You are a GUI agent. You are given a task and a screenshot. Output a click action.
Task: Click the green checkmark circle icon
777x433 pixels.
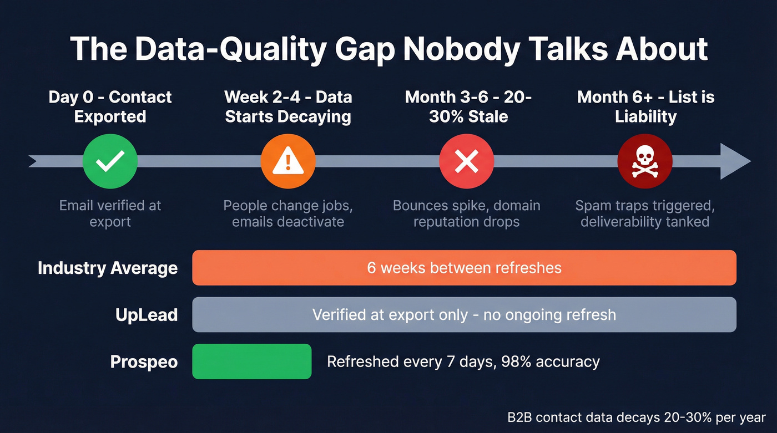click(x=110, y=161)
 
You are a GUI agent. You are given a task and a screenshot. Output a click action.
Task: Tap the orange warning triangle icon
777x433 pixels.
click(x=288, y=161)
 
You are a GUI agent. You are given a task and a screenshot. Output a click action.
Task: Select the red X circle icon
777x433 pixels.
click(x=466, y=161)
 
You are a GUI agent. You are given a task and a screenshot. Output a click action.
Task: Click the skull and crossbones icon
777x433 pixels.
click(x=645, y=161)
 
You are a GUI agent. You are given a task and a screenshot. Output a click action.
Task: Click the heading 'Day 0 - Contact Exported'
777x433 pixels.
click(x=110, y=106)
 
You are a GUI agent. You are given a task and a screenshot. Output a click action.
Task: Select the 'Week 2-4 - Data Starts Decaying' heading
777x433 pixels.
click(x=288, y=106)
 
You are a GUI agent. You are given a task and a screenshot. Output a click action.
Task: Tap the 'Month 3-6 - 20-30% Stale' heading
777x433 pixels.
click(x=468, y=106)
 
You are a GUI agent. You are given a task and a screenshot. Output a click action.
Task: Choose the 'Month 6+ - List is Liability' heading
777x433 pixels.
click(x=645, y=106)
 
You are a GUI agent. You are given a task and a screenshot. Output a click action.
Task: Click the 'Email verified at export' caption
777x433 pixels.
click(x=110, y=213)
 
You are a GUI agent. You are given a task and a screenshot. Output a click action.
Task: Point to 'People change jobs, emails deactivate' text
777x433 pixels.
click(x=288, y=213)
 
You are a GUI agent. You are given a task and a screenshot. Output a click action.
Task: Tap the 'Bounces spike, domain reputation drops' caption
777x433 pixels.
click(x=466, y=213)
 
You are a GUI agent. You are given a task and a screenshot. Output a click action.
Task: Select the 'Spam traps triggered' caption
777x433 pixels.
click(x=645, y=213)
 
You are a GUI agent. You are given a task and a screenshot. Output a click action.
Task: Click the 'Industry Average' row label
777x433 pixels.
click(x=108, y=268)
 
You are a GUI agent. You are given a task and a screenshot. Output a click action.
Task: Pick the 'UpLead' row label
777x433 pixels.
click(x=147, y=315)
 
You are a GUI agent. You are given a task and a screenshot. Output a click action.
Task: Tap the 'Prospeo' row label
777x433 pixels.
click(x=144, y=362)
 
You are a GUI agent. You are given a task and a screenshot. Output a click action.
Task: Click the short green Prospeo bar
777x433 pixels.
click(x=251, y=361)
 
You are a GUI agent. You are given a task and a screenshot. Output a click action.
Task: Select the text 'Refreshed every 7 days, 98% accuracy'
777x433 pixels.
click(x=463, y=362)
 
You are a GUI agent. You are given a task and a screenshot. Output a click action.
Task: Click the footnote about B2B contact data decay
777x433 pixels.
click(x=636, y=417)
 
